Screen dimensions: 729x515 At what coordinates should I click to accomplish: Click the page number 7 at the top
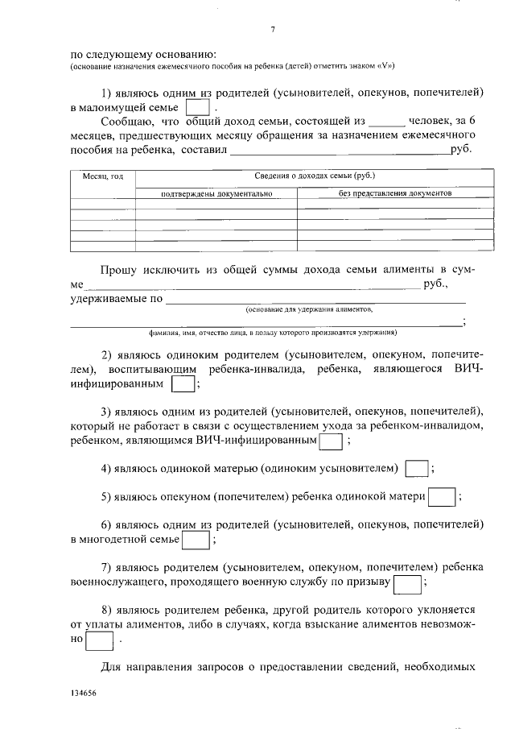(x=273, y=30)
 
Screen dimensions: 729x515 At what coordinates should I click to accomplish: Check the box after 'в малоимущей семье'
(x=198, y=107)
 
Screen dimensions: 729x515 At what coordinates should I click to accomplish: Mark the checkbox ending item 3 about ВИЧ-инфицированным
(x=332, y=441)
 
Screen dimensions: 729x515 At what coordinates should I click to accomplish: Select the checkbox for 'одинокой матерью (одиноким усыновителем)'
(x=416, y=469)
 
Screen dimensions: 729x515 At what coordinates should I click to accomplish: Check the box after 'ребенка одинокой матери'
(x=442, y=498)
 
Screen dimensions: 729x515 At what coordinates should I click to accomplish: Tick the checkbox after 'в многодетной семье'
(x=196, y=538)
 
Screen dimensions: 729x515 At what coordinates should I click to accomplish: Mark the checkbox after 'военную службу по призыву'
(x=408, y=582)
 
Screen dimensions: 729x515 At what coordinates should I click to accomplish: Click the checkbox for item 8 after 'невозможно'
(x=100, y=639)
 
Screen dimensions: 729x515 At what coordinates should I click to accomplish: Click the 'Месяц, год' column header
(x=103, y=176)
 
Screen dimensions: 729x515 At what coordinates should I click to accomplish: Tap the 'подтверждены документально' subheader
(x=216, y=194)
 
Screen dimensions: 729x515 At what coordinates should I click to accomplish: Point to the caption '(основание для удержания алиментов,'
(x=309, y=309)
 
